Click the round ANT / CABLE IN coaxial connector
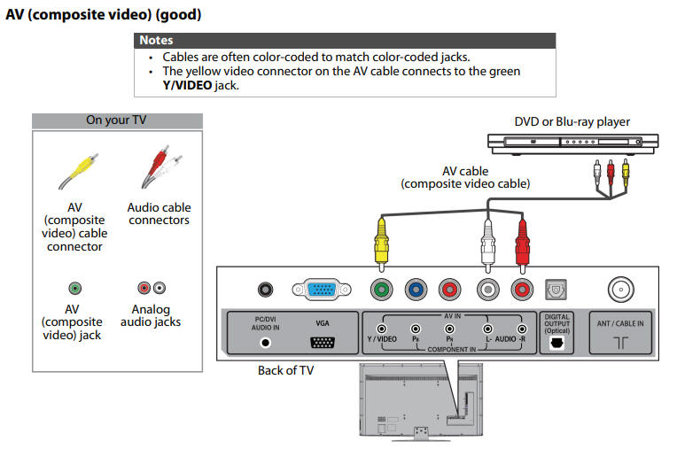click(619, 289)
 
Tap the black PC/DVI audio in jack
click(263, 289)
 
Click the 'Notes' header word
click(156, 40)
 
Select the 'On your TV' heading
click(117, 120)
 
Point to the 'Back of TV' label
click(285, 370)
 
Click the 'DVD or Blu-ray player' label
click(572, 121)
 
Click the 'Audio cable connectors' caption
click(159, 213)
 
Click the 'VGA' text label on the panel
click(322, 324)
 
